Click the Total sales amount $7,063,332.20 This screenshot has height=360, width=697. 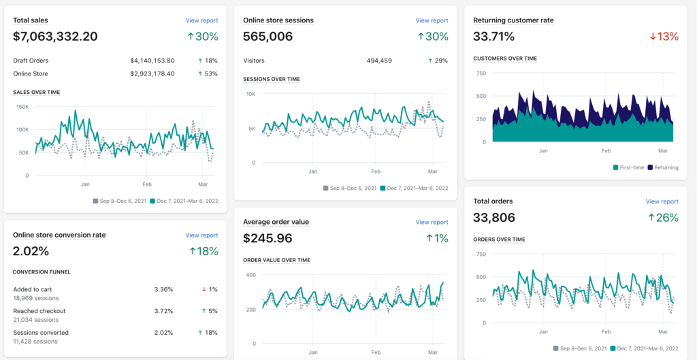point(55,37)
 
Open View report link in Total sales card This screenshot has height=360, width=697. point(201,21)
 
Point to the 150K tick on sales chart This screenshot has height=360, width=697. point(22,106)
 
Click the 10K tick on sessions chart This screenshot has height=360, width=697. point(250,94)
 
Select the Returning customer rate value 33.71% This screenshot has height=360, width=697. point(493,37)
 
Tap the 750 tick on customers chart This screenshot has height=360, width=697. point(481,73)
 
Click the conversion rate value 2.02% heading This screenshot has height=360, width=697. point(31,251)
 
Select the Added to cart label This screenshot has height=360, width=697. point(32,289)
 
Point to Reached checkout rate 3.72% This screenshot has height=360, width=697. point(163,311)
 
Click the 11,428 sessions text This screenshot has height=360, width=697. point(35,342)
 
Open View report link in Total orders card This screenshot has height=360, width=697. point(662,201)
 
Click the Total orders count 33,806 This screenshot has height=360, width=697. point(494,218)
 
